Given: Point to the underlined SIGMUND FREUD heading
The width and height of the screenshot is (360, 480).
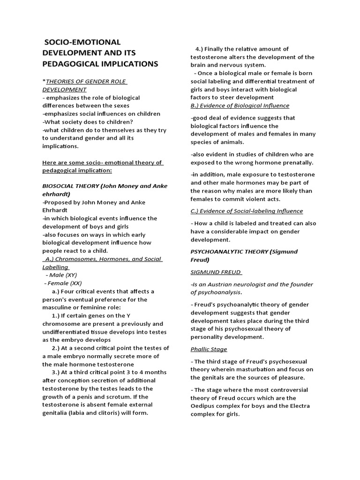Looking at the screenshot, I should pos(216,272).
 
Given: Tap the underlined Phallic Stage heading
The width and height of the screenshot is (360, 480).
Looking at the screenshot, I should pos(209,349).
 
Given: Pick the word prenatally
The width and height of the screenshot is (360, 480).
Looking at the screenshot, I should pos(298,163).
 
